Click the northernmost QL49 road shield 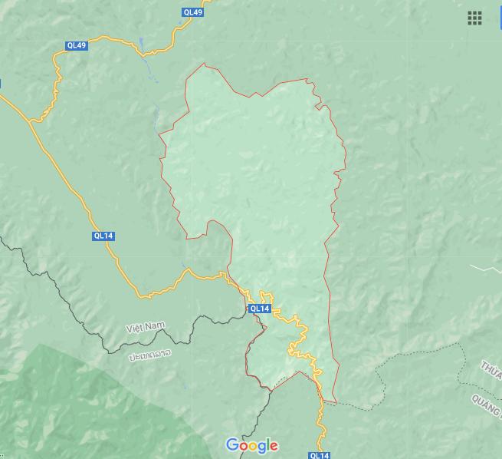click(x=193, y=12)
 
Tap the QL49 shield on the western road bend click(x=77, y=45)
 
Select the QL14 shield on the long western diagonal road click(x=103, y=236)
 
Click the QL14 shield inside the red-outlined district click(x=259, y=309)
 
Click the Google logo click(x=251, y=445)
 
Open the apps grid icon click(x=474, y=18)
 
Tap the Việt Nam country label click(x=146, y=328)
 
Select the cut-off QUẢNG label click(x=486, y=401)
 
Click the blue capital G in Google click(x=232, y=445)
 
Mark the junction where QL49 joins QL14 click(x=30, y=122)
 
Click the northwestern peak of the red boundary click(x=204, y=64)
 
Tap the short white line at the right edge click(x=485, y=269)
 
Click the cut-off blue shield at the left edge click(x=1, y=84)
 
